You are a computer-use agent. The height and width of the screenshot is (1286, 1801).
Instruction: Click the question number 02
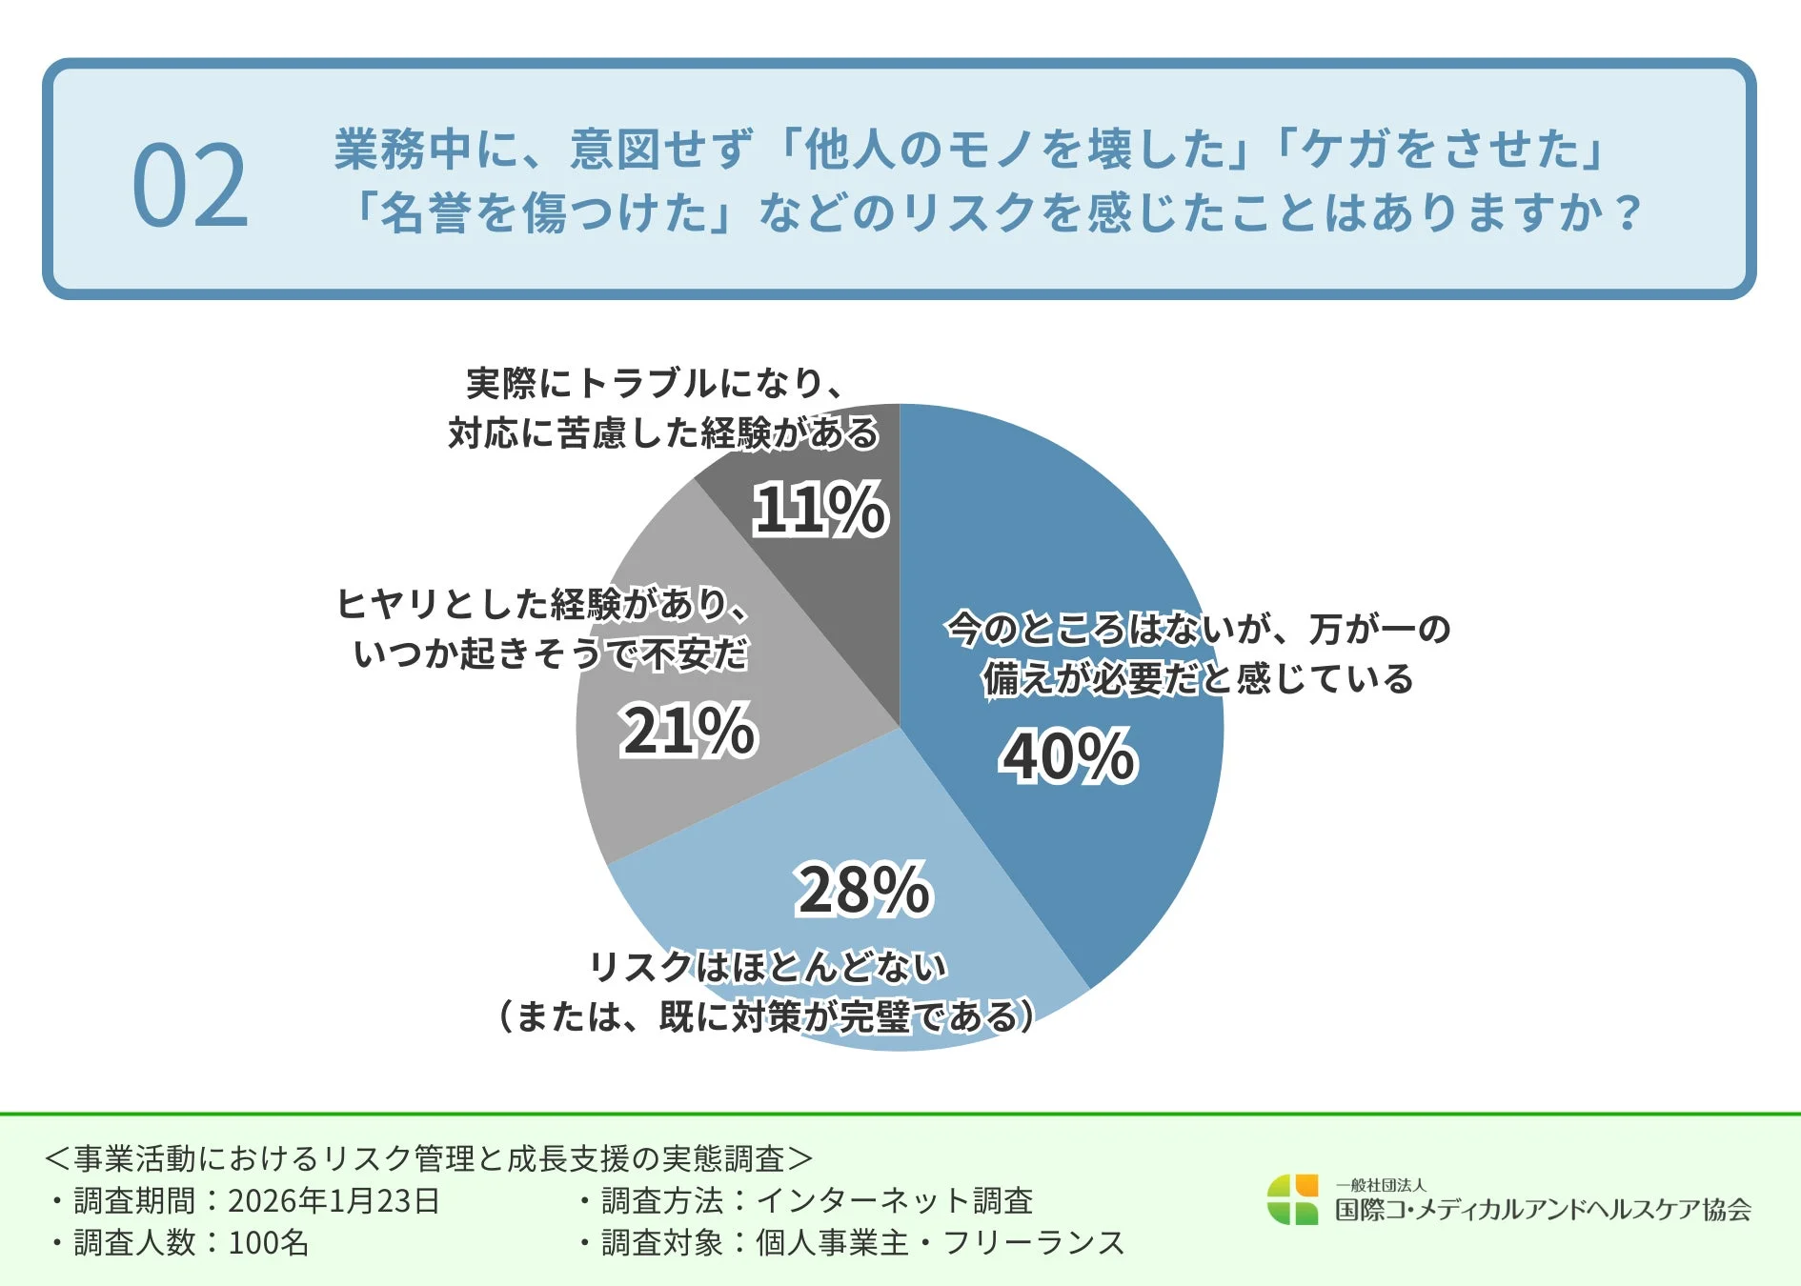(x=191, y=186)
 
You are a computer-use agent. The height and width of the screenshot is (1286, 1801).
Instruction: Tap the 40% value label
(x=1068, y=756)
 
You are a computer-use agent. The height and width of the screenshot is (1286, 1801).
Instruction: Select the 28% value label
(x=863, y=890)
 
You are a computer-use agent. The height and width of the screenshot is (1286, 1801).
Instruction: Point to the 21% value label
(x=688, y=731)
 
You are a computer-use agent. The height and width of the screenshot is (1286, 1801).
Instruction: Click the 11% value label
(x=820, y=509)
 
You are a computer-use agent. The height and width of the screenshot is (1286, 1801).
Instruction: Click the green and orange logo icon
(x=1292, y=1199)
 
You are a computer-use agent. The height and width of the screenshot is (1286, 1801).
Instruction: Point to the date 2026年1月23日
(x=334, y=1200)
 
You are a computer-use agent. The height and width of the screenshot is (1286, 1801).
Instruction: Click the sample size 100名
(x=269, y=1242)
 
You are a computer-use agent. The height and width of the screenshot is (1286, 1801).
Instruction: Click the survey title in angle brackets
(x=429, y=1158)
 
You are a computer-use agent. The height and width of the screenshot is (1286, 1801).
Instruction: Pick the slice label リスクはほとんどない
(x=768, y=966)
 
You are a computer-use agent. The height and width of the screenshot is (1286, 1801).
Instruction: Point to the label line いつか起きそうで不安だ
(x=551, y=653)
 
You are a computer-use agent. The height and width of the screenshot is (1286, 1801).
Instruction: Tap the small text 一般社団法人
(x=1380, y=1185)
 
